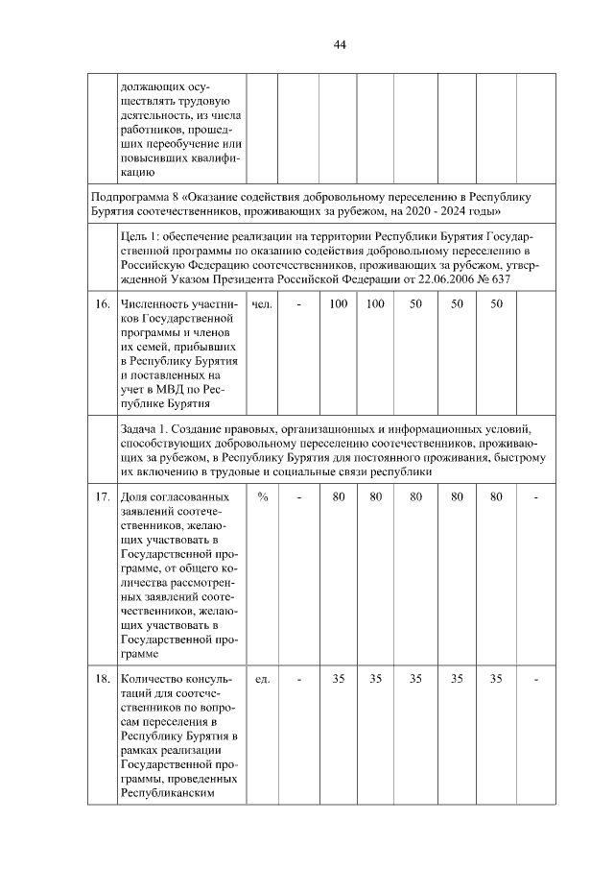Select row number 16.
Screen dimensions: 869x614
(100, 304)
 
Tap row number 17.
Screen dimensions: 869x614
(100, 497)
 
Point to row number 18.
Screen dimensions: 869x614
(100, 680)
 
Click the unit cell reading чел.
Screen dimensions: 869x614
(261, 304)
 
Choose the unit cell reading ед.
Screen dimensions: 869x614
(261, 680)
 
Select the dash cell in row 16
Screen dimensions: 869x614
(299, 304)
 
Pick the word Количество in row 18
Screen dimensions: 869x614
(153, 680)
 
